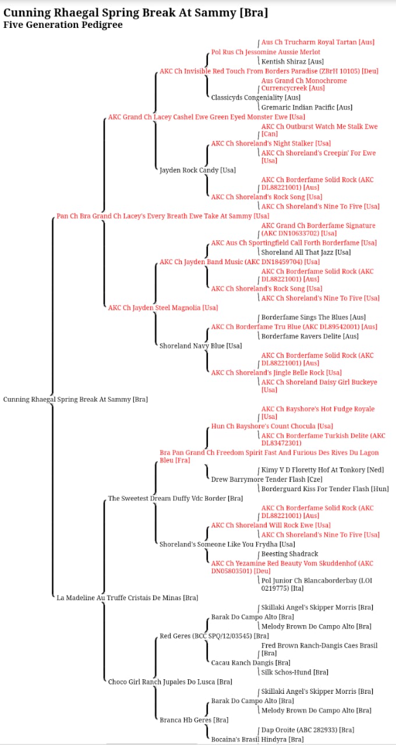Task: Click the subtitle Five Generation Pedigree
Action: click(x=63, y=25)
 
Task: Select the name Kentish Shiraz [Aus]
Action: click(x=292, y=62)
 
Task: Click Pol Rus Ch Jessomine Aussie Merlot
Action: click(x=266, y=52)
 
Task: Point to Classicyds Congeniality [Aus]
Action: click(x=256, y=97)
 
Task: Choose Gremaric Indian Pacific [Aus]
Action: click(x=307, y=107)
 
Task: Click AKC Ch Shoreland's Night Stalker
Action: click(x=271, y=143)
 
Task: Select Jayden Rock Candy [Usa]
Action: click(x=197, y=170)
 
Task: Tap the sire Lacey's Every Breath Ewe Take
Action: click(x=162, y=216)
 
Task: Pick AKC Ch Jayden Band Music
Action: click(x=239, y=262)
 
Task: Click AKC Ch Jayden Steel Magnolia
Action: click(x=163, y=308)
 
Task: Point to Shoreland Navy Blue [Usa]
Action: click(x=201, y=346)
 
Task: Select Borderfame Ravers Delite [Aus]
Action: click(x=310, y=336)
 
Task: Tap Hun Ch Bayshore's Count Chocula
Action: click(x=272, y=426)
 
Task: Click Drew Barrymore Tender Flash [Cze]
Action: click(x=267, y=479)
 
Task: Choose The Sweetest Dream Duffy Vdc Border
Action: click(x=175, y=498)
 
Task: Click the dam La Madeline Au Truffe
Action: click(x=127, y=598)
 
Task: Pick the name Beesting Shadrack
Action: click(x=289, y=554)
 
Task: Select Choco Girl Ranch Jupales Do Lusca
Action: click(x=170, y=682)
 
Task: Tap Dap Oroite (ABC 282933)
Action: click(x=307, y=730)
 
